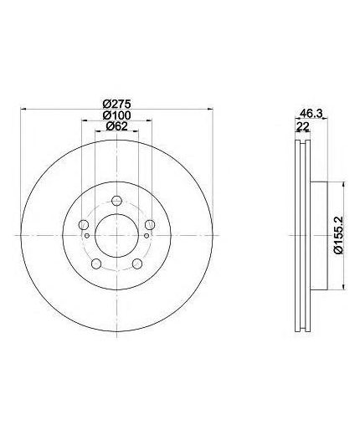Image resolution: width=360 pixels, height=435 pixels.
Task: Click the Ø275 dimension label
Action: point(116,105)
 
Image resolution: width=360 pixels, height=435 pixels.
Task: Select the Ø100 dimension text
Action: point(116,115)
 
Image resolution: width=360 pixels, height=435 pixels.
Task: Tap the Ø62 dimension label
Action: point(116,126)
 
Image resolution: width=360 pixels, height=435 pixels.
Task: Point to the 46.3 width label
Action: point(311,114)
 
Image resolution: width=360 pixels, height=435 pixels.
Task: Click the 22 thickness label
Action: point(302,127)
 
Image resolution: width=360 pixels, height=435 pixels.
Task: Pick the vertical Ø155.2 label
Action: point(339,235)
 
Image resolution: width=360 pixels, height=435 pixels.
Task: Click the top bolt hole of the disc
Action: point(116,201)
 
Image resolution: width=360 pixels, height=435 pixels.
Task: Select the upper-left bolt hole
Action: point(84,224)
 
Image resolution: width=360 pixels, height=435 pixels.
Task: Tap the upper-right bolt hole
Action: point(150,224)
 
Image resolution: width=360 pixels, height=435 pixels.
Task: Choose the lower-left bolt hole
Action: point(96,264)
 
